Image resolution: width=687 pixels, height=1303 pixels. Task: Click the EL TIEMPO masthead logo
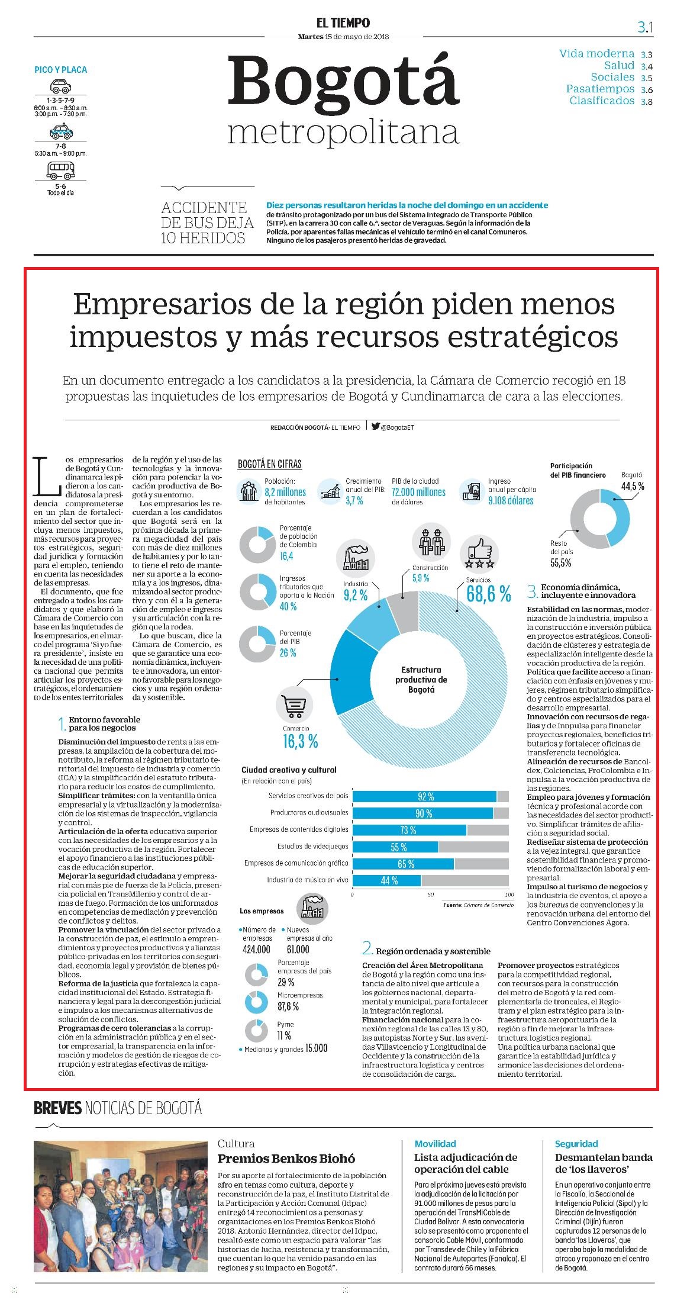343,23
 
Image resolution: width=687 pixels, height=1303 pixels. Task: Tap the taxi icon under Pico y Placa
60,131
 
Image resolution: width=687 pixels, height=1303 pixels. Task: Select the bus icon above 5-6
61,171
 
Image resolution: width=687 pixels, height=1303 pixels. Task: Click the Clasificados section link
602,101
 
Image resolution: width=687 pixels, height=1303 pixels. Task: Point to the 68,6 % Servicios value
488,594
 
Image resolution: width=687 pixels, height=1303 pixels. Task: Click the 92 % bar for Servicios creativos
424,797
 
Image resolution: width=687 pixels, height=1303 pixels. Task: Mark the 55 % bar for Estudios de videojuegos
395,847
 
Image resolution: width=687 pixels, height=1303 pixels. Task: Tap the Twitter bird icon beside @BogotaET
375,426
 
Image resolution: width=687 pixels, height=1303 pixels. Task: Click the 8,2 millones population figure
285,492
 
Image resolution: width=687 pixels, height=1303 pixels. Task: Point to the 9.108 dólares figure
511,500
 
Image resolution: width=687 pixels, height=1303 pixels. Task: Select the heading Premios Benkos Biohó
286,1159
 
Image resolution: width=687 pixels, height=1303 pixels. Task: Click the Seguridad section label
576,1144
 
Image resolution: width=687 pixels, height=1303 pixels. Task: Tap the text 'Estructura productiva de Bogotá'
421,680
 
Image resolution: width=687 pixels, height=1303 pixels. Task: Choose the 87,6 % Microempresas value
288,1006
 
